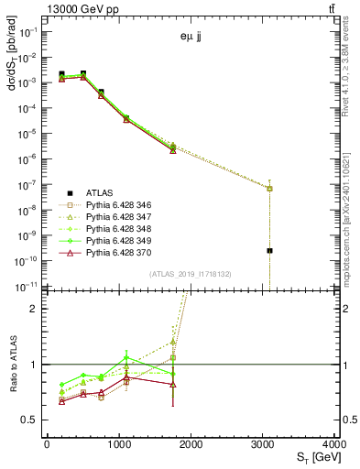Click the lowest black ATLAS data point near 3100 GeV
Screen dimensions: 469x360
click(x=270, y=250)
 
